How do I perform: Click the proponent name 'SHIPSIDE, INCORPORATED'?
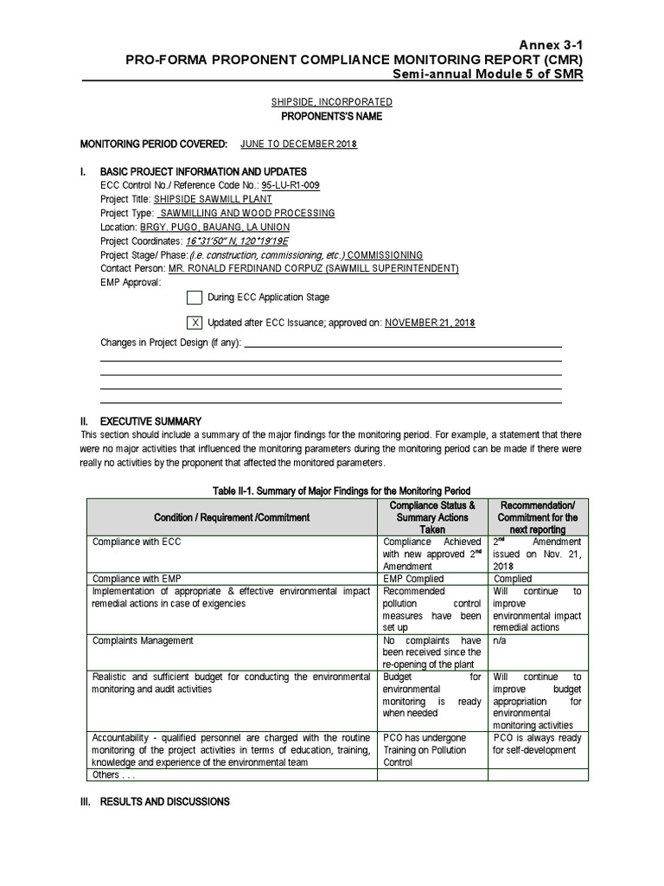point(332,102)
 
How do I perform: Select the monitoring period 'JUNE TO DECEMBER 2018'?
point(298,144)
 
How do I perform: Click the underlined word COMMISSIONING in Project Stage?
point(385,255)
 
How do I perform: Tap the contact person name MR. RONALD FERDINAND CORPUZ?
point(252,269)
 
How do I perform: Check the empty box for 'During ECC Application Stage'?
point(195,298)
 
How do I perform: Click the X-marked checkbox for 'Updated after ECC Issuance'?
point(195,323)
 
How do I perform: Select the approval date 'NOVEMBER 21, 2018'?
point(430,323)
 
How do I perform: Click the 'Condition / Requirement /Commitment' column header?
point(231,517)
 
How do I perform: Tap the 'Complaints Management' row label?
point(143,641)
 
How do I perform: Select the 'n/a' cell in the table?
point(501,641)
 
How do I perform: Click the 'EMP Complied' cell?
point(413,579)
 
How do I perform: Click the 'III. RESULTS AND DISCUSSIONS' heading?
point(155,802)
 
